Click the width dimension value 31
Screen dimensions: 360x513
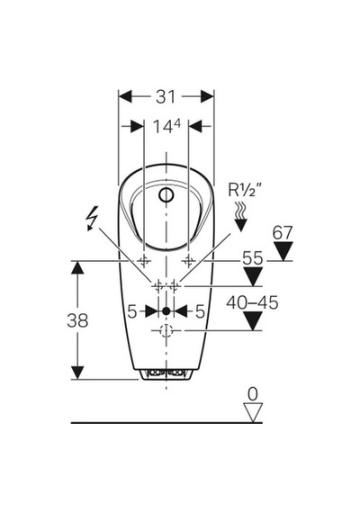tap(166, 97)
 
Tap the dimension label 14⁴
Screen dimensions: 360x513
tap(166, 126)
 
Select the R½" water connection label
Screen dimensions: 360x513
tap(245, 190)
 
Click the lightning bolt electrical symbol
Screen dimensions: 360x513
tap(93, 218)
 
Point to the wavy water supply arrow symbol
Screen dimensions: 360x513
tap(241, 216)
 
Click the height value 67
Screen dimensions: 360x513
tap(283, 233)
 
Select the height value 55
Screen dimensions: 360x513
tap(252, 258)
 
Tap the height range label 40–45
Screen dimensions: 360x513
tap(252, 302)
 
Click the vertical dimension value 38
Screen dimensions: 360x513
tap(77, 320)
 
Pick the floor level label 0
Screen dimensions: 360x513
tap(253, 394)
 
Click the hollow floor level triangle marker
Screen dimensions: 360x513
tap(253, 412)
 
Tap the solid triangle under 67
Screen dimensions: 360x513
tap(283, 251)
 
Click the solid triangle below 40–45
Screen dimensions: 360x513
tap(253, 321)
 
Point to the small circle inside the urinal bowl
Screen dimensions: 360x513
tap(166, 195)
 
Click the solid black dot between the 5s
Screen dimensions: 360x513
tap(166, 311)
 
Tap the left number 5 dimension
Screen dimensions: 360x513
tap(131, 311)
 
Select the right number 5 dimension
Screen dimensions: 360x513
tap(200, 311)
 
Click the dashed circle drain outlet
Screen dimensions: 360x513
tap(166, 331)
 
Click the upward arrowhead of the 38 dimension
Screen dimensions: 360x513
tap(77, 267)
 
